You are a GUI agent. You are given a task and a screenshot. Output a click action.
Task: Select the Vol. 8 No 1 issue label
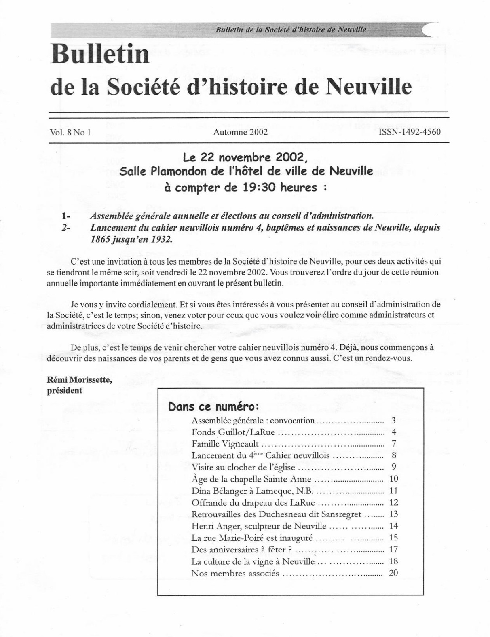click(70, 132)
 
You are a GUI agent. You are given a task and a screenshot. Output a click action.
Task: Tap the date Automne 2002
click(240, 132)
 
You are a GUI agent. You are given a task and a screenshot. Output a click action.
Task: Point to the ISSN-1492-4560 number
click(410, 132)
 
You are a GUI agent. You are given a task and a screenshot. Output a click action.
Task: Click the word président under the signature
click(65, 390)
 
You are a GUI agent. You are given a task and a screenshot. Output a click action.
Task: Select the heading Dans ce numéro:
click(213, 406)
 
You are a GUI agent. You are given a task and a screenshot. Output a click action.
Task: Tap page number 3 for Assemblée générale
click(393, 421)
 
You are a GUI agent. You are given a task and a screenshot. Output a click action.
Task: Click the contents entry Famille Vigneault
click(225, 444)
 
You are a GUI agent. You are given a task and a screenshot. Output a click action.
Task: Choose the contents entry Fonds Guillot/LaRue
click(233, 432)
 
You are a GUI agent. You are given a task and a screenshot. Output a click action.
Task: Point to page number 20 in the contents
click(393, 573)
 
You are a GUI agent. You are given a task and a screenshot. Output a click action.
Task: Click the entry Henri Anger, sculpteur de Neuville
click(259, 526)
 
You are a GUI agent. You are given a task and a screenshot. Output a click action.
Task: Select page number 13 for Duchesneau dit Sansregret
click(393, 514)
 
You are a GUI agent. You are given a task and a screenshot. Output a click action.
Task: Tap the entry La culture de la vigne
click(253, 561)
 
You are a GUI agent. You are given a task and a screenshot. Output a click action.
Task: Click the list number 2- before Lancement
click(65, 228)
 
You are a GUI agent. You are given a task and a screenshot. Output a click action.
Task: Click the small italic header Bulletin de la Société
click(291, 30)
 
